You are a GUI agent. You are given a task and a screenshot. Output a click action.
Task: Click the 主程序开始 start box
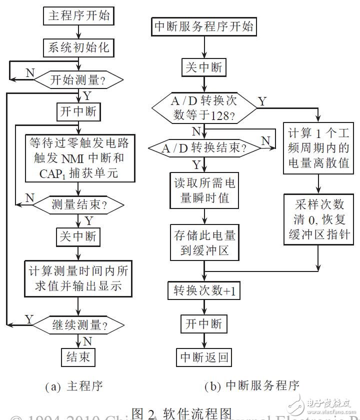(78, 16)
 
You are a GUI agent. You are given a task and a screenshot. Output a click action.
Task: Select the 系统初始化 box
(78, 48)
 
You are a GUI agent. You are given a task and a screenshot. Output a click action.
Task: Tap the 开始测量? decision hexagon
(78, 79)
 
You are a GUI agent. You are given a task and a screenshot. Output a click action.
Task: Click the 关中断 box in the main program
(78, 235)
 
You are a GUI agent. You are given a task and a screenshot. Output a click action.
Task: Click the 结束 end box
(78, 357)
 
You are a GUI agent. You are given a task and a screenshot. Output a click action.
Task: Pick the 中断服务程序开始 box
(203, 27)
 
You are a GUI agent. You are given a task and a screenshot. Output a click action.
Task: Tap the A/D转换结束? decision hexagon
(203, 149)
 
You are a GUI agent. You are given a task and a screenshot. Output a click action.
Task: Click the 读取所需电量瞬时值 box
(203, 190)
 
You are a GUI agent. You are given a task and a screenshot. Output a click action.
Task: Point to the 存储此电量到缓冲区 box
(203, 243)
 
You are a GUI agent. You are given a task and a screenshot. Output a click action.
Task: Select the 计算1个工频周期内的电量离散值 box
(318, 149)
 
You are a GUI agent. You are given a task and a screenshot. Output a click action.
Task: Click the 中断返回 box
(203, 356)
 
